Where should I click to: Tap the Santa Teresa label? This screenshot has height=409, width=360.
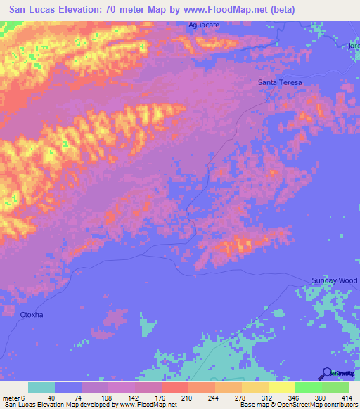[x=280, y=82]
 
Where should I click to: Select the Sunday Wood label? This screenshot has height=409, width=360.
[x=335, y=280]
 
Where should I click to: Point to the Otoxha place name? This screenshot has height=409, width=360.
[x=32, y=314]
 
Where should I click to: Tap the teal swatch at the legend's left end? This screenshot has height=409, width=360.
[x=41, y=387]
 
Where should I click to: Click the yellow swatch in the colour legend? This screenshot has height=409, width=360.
[x=282, y=387]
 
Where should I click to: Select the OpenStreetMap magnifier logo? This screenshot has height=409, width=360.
[x=326, y=372]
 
